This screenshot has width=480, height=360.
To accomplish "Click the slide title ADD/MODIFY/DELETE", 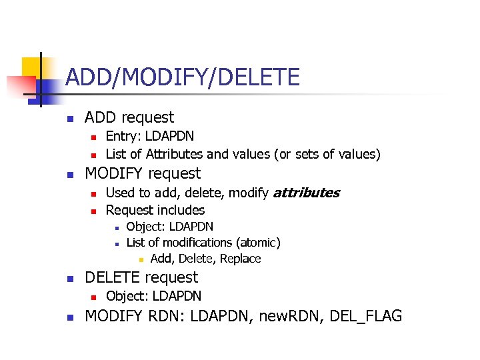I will (x=183, y=77).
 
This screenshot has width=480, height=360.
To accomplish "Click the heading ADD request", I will (x=129, y=117).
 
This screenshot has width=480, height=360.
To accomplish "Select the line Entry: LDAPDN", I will (x=150, y=136).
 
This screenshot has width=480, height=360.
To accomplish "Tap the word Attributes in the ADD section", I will (x=175, y=155).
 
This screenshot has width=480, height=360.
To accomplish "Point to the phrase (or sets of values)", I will (x=327, y=155).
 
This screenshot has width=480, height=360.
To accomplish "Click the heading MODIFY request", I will (x=142, y=173).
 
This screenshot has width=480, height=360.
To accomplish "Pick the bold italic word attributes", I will (x=306, y=193).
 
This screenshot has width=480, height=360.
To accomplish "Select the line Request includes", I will (x=155, y=211).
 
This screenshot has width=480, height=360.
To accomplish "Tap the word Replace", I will (x=240, y=259).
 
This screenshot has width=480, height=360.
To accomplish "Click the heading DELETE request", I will (x=141, y=277).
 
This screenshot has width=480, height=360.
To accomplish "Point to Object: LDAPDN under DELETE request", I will (x=153, y=296).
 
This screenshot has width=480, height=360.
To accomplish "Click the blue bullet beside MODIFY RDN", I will (x=69, y=317).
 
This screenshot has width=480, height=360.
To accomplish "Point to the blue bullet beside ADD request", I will (x=69, y=119).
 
